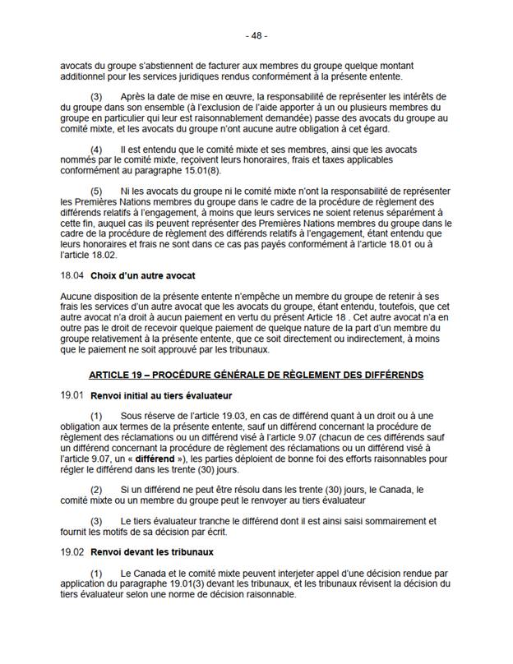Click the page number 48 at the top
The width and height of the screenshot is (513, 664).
click(x=256, y=37)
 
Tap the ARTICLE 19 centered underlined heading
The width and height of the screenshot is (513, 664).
click(x=256, y=376)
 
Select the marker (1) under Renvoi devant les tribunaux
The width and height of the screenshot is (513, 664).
click(x=97, y=571)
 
